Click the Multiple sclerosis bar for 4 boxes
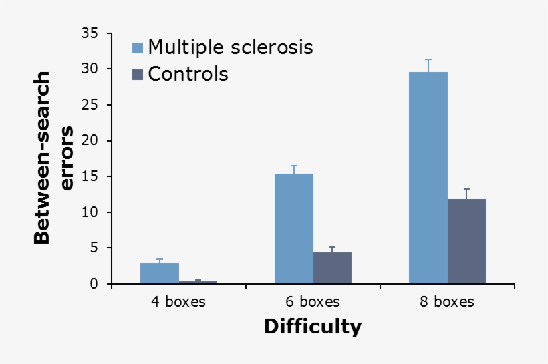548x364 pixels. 160,273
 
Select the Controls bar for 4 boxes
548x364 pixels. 198,283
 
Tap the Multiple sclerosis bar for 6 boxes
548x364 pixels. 294,228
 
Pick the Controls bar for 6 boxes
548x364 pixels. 332,268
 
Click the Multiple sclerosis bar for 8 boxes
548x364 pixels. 428,178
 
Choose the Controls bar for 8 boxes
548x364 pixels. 466,241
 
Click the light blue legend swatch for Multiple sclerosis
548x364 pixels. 138,48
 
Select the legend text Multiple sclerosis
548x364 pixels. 231,47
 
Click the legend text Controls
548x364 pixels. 188,74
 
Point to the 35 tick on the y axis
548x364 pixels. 90,33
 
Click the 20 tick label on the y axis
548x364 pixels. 90,140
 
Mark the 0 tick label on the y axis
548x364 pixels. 94,284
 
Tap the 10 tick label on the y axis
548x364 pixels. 90,212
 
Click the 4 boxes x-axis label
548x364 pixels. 178,302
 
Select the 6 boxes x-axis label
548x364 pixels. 313,302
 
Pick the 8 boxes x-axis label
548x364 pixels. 447,302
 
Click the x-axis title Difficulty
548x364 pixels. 313,327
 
